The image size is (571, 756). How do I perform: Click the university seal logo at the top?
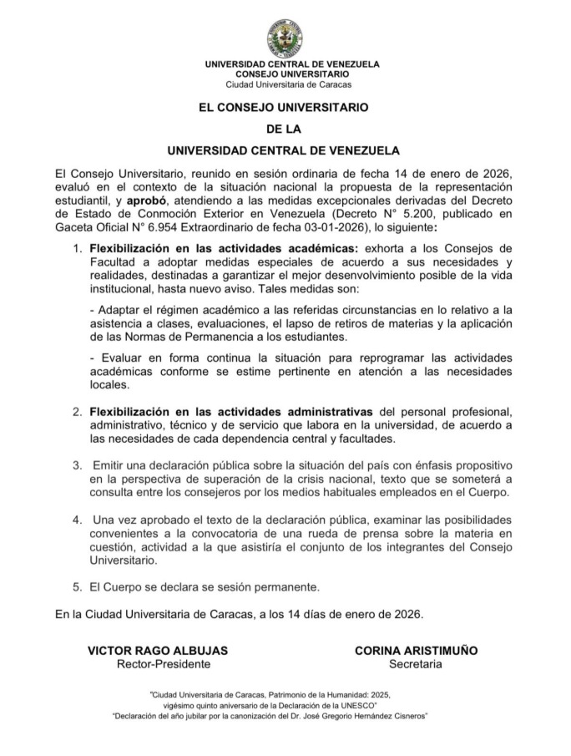coord(285,38)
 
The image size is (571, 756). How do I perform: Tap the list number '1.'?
coord(77,249)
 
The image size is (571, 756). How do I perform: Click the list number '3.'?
coord(77,464)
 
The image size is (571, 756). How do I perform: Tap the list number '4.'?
coord(77,519)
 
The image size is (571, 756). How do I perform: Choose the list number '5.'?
coord(77,586)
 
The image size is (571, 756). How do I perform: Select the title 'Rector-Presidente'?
coord(163,665)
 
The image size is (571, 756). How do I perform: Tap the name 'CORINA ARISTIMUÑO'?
coord(416,651)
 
